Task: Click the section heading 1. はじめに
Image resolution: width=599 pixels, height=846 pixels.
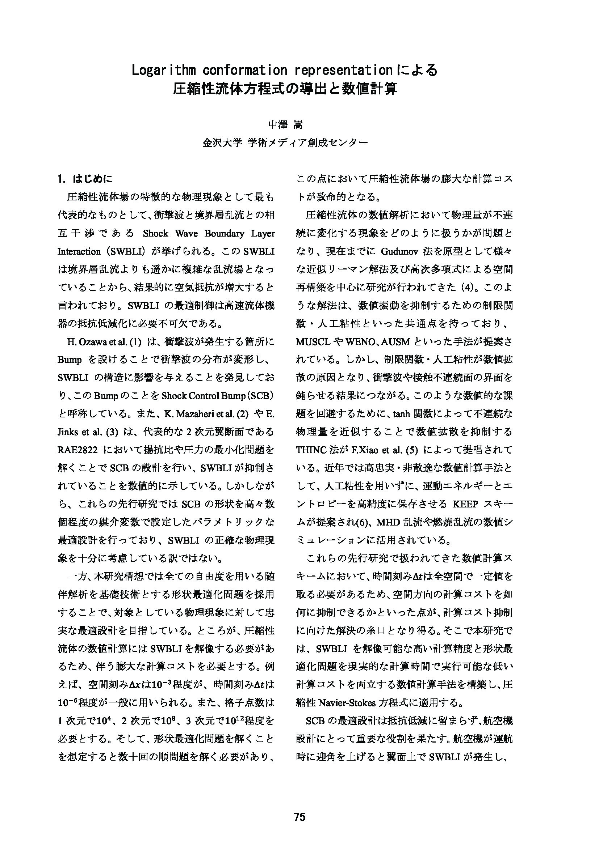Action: tap(85, 179)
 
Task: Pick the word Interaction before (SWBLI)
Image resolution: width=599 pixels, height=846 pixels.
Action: tap(79, 252)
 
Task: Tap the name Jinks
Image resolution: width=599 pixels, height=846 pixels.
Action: tap(67, 432)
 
